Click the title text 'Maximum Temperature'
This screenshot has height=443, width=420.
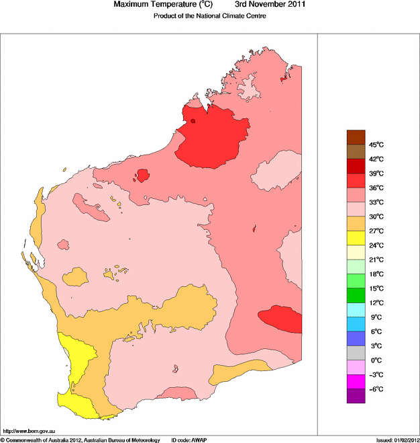click(x=158, y=5)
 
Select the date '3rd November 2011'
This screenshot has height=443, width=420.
click(x=271, y=5)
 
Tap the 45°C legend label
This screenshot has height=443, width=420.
click(x=376, y=145)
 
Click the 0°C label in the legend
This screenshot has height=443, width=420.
click(x=376, y=360)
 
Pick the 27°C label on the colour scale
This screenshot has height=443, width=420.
click(x=376, y=231)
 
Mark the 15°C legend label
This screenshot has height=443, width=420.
click(x=376, y=288)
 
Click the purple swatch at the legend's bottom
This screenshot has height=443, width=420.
click(x=356, y=396)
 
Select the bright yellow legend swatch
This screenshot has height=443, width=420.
click(x=356, y=237)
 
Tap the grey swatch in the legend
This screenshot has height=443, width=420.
click(x=356, y=353)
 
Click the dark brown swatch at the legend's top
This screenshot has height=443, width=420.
click(x=356, y=137)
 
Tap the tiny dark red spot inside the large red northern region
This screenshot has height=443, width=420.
click(x=193, y=121)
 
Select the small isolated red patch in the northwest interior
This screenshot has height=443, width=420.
click(x=142, y=175)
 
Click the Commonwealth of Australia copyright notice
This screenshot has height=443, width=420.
click(x=81, y=440)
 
